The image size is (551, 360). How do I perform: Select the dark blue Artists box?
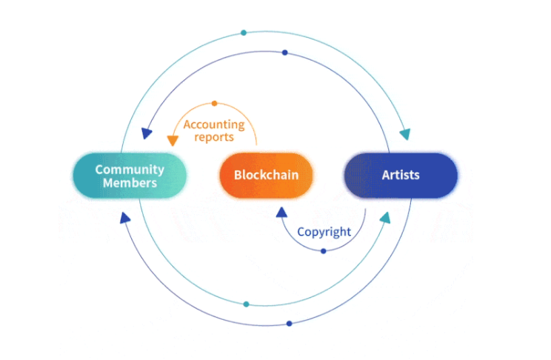tap(401, 176)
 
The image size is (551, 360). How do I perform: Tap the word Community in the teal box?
tap(129, 169)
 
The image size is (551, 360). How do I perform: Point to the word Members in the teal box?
tap(130, 183)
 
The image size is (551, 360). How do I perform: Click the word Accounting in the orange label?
tap(214, 124)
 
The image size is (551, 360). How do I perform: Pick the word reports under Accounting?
tap(214, 137)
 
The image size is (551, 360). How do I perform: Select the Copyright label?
tap(324, 232)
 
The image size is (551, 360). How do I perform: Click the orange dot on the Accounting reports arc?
tap(215, 103)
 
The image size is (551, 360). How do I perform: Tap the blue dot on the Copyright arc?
tap(323, 251)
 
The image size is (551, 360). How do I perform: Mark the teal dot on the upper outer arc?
tap(244, 33)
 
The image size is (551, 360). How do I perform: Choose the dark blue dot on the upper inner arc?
tap(285, 52)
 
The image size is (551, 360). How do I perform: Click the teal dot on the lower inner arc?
tap(246, 304)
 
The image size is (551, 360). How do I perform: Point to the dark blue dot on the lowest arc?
tap(289, 323)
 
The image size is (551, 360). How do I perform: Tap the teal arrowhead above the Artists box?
tap(404, 135)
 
